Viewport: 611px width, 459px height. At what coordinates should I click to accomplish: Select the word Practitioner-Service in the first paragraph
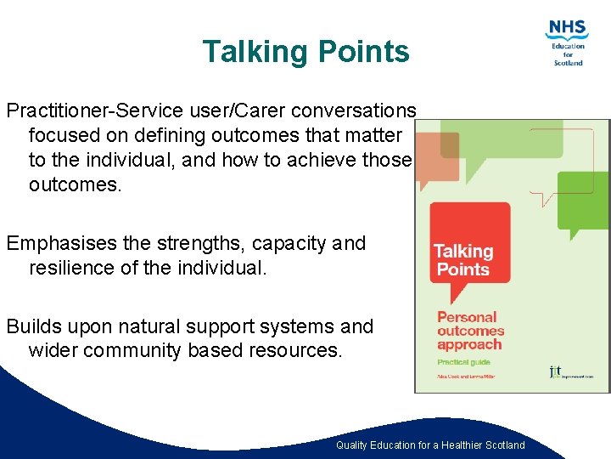[x=83, y=111]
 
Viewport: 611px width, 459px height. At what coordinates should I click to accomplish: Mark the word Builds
[x=33, y=326]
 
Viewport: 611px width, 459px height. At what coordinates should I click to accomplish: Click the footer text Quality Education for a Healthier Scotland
[x=430, y=445]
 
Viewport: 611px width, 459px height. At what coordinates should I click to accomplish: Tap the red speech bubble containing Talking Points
[x=469, y=246]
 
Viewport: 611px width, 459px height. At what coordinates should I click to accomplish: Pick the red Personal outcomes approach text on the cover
[x=470, y=331]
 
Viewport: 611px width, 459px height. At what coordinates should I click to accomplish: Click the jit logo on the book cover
[x=555, y=371]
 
